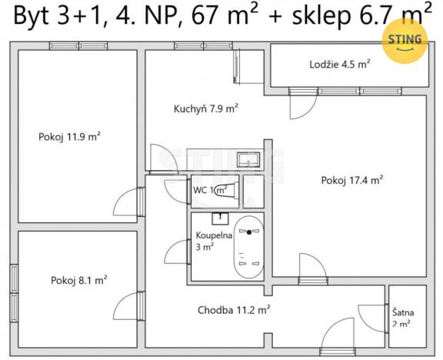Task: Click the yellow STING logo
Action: coord(405,40)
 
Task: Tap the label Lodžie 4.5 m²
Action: coord(340,65)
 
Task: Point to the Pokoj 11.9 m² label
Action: coord(70,136)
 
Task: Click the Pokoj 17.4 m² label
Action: coord(352,181)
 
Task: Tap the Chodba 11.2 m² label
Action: coord(233,310)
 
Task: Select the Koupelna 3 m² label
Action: coord(209,241)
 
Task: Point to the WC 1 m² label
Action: coord(209,190)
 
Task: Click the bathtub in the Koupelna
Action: coord(248,248)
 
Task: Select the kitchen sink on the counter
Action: coord(248,160)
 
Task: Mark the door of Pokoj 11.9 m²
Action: coord(125,202)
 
